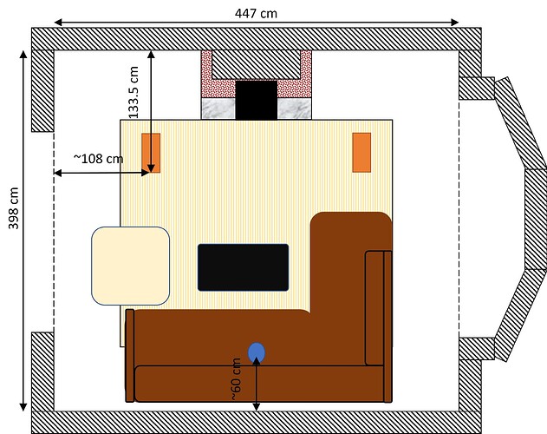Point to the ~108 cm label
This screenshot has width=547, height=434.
coord(97,159)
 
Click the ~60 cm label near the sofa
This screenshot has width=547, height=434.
coord(236,378)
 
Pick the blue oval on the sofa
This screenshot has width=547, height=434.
coord(257,352)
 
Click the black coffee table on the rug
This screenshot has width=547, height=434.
coord(243,267)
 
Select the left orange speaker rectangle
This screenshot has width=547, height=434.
coord(151,153)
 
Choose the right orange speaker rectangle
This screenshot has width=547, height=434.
coord(361,153)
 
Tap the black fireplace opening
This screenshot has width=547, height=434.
coord(256,100)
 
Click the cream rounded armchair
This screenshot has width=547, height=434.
coord(130,266)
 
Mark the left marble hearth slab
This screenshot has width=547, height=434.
coord(218,108)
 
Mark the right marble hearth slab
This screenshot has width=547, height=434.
coord(294,108)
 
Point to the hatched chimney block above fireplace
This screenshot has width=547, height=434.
coord(257,64)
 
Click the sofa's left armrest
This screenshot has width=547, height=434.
coord(130,356)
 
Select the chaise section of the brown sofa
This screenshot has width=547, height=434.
coord(351,278)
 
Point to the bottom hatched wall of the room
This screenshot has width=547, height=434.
coord(257,422)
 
